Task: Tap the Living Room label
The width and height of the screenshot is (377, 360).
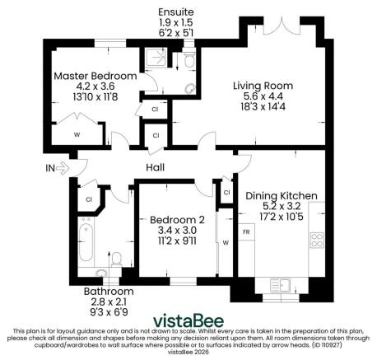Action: [x=263, y=86]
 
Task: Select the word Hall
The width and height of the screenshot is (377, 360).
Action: [x=155, y=168]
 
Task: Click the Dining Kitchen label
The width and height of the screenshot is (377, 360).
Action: [x=282, y=195]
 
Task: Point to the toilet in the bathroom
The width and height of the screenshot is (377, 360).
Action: [x=117, y=261]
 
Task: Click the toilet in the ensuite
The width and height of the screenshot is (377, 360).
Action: [x=189, y=59]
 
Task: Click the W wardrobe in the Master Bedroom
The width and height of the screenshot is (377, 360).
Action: [x=77, y=134]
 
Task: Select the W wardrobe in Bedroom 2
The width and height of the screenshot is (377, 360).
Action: [x=224, y=242]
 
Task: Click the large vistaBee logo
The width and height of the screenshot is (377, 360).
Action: [x=188, y=320]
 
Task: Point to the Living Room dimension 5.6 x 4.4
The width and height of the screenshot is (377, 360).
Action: [x=263, y=96]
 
